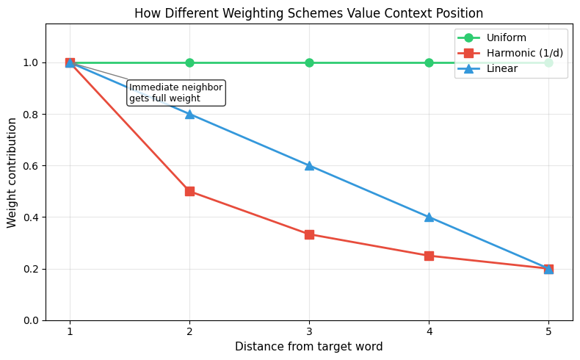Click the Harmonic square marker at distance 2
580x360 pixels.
coord(189,191)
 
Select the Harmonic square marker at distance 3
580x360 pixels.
coord(309,234)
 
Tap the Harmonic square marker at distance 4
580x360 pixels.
coord(429,256)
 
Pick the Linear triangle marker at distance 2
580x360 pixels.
coord(189,114)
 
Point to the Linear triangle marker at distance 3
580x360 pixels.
coord(309,165)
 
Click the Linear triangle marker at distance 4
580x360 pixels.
coord(429,217)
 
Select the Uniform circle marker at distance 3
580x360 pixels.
coord(309,62)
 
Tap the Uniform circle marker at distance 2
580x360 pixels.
coord(189,62)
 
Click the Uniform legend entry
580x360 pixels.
coord(506,37)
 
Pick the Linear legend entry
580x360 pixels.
coord(502,68)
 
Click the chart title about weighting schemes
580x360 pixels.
coord(309,13)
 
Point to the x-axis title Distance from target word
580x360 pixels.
coord(309,346)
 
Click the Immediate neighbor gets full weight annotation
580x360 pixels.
coord(175,93)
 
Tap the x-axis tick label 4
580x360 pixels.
coord(429,332)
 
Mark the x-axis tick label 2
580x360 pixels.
coord(189,332)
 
